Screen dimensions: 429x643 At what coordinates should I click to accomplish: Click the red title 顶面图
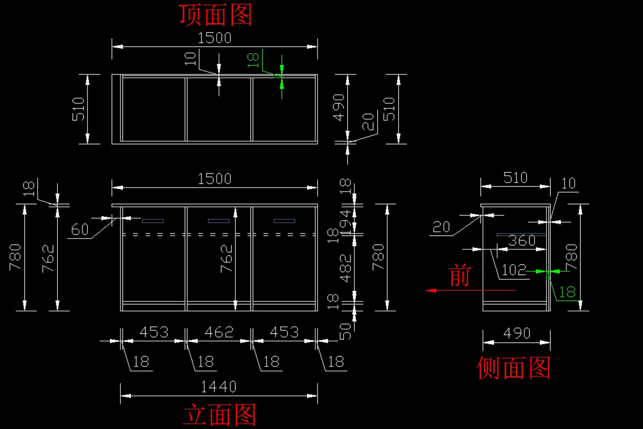215,15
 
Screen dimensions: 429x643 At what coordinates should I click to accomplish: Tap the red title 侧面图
514,368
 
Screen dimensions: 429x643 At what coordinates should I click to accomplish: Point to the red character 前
459,276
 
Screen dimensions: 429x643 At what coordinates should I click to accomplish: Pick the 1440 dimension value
218,386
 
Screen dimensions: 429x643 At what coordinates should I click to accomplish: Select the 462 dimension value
220,332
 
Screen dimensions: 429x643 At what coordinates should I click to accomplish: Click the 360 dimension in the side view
521,240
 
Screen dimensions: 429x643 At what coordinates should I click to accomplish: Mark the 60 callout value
79,230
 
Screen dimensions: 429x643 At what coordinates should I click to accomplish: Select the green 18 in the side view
567,292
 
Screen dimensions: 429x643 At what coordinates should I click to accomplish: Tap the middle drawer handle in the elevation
219,221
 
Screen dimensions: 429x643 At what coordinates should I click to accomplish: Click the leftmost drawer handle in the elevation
153,221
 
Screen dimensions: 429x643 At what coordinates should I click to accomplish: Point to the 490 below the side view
517,333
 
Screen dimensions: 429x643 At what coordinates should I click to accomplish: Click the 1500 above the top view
214,38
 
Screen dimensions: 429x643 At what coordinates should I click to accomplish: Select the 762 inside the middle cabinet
227,258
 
